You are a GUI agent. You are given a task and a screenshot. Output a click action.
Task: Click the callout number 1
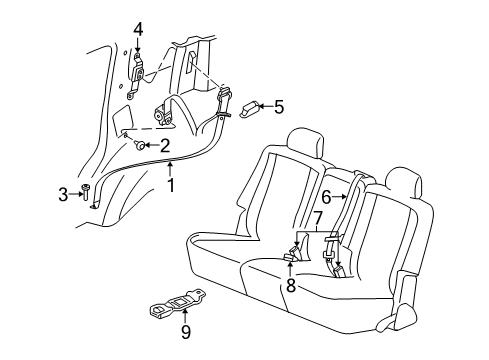click(171, 184)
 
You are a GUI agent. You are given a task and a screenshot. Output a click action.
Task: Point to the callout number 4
click(139, 29)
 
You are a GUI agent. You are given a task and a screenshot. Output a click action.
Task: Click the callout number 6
click(326, 197)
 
